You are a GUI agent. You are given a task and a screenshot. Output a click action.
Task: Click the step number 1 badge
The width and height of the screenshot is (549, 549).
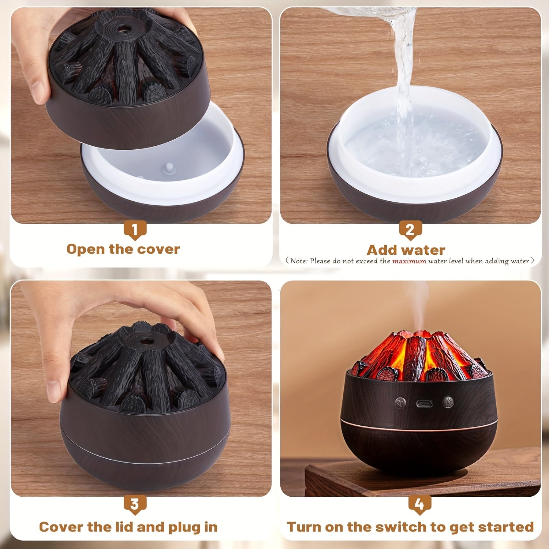[x=135, y=230]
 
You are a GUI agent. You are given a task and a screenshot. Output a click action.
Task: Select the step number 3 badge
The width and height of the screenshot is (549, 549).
[x=135, y=504]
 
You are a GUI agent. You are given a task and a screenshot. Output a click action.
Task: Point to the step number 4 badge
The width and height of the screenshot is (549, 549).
[x=419, y=504]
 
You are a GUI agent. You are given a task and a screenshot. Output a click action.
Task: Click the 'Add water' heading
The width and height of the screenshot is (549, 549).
[x=406, y=250]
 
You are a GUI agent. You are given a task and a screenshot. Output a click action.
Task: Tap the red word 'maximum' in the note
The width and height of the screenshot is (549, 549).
[x=409, y=261]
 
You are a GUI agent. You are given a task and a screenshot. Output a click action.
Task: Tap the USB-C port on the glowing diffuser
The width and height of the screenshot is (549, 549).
[x=425, y=404]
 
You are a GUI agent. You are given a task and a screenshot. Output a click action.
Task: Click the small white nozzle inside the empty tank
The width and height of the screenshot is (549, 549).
[x=169, y=168]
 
